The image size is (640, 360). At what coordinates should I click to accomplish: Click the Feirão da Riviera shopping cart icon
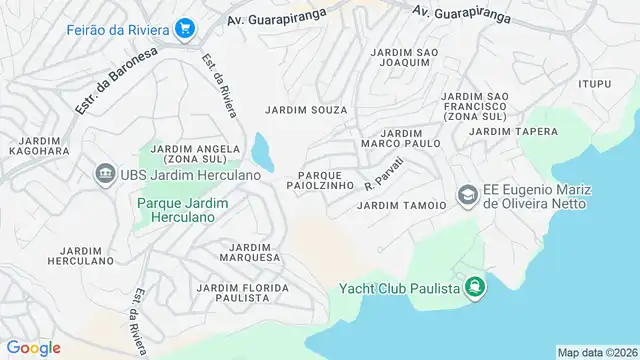point(184,29)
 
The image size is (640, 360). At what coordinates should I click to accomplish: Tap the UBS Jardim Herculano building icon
point(104,175)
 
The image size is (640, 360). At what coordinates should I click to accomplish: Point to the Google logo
point(34,348)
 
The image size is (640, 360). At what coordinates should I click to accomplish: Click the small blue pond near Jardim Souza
point(263,151)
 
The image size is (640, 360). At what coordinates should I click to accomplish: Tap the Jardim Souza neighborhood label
point(306,109)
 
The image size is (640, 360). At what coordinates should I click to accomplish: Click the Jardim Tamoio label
point(401,206)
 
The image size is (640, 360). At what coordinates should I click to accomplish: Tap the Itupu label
point(593,83)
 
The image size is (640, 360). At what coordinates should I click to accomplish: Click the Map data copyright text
point(596,352)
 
